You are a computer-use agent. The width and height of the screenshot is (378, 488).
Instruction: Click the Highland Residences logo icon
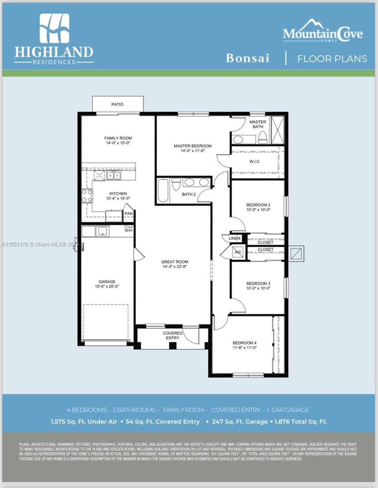coord(54,28)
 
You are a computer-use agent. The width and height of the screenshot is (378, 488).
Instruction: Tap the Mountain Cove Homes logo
coord(322,30)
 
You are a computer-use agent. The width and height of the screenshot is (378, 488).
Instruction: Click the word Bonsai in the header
coord(248,58)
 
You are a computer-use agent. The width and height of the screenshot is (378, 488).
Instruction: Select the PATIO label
coord(117,105)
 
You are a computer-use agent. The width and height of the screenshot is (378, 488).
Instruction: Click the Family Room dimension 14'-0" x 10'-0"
coord(118,143)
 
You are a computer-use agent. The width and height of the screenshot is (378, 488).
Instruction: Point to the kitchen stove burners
coord(87,196)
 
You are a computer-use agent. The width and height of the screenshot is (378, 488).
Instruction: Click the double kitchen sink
coord(114,176)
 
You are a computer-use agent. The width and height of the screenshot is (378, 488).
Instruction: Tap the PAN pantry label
coord(128,213)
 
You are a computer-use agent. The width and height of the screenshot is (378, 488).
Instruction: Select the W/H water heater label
coord(128,230)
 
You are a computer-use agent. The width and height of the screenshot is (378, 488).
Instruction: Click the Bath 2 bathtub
coord(163,190)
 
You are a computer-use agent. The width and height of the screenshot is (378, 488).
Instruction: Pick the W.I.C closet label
coord(255,162)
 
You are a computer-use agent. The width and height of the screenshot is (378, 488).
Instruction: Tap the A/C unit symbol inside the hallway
coord(237,252)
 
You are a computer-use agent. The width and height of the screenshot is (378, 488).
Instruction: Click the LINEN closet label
coord(235,238)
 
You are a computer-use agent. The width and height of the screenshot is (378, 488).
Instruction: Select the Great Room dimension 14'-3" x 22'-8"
coord(175,267)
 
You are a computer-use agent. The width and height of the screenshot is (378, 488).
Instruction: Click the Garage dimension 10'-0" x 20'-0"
coord(107,287)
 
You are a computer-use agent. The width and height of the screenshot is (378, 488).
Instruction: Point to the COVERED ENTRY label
coord(173,335)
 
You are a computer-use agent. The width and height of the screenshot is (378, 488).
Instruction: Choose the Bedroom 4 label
coord(244,343)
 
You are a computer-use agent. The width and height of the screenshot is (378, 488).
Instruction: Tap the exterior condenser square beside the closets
coord(296,254)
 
